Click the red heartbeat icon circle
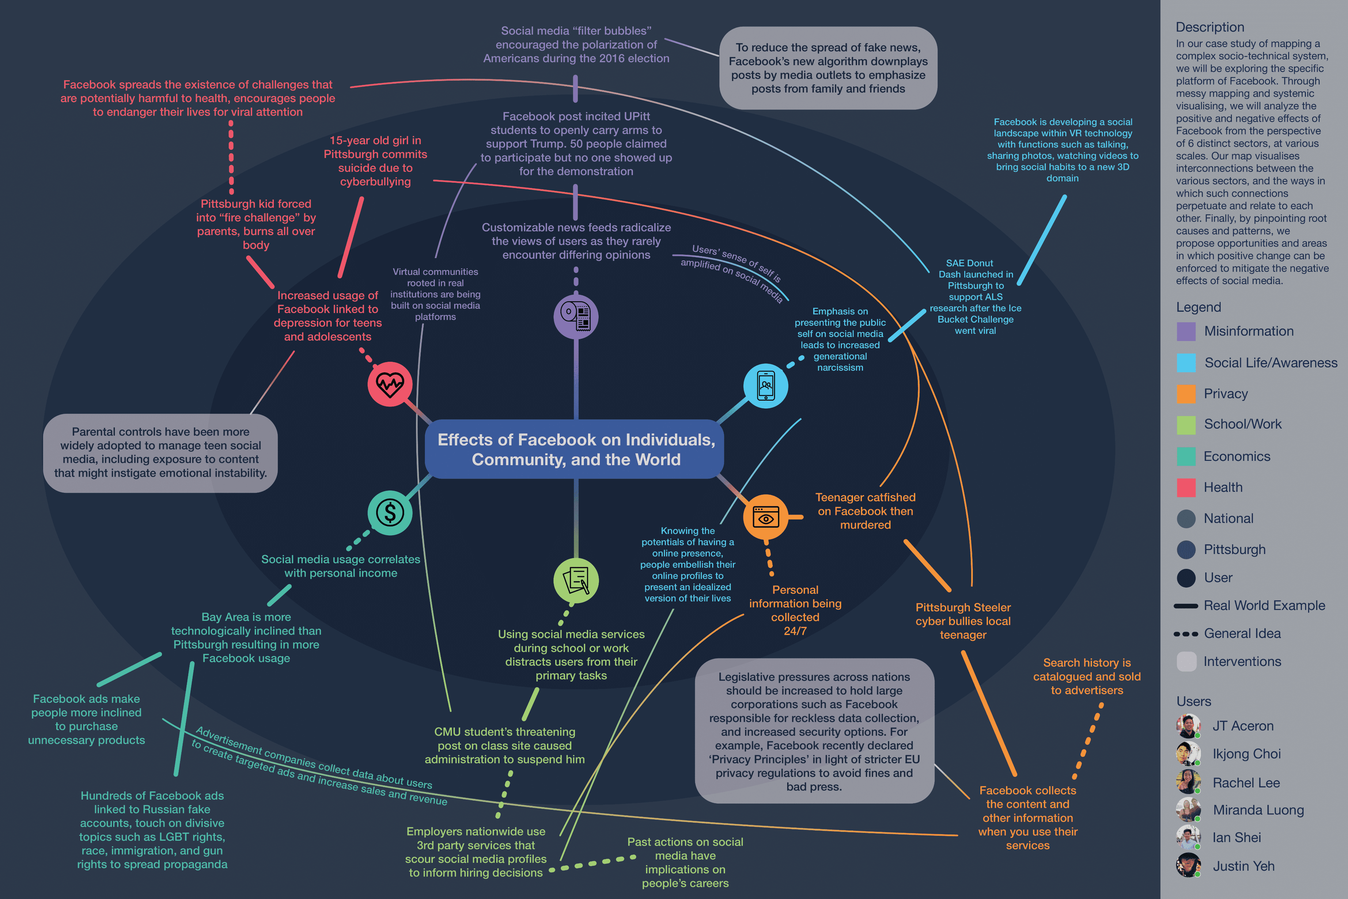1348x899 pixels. click(390, 384)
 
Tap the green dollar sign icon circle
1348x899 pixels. click(390, 513)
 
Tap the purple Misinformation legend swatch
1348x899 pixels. click(1186, 331)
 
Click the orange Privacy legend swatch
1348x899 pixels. click(1186, 394)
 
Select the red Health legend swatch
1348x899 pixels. click(1186, 487)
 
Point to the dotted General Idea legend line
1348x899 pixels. click(1186, 634)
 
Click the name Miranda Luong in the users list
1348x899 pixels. click(1258, 810)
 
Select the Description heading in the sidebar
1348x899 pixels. click(1209, 27)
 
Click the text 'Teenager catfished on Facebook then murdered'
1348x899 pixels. click(865, 511)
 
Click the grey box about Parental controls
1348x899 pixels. click(161, 453)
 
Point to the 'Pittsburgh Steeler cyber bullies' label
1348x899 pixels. click(963, 621)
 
